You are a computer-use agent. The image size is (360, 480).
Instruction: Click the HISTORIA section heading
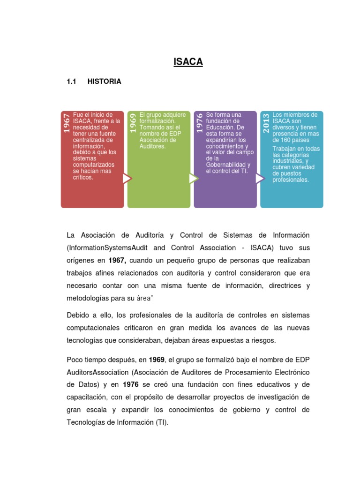[104, 82]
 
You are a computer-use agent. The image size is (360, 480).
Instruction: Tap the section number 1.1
[71, 82]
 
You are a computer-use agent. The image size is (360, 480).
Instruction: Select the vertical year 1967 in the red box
[67, 123]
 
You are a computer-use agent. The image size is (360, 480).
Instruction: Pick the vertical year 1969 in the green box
[133, 123]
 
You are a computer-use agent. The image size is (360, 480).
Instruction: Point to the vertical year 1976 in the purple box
[200, 123]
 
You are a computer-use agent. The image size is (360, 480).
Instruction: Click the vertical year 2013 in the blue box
[266, 123]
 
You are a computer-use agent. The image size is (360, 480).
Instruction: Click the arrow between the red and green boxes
[127, 179]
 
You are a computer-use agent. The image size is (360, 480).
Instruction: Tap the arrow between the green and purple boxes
[193, 179]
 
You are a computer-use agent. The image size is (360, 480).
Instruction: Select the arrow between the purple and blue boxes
[260, 179]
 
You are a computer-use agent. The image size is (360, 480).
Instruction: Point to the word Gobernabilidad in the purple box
[226, 165]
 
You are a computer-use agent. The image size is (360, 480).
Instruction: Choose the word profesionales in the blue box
[291, 180]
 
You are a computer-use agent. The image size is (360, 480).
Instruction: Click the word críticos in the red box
[83, 178]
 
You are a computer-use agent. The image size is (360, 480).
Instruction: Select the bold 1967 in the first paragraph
[117, 260]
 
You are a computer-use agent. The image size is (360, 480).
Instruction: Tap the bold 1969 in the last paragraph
[157, 360]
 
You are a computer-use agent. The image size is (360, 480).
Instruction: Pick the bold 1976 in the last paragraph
[131, 384]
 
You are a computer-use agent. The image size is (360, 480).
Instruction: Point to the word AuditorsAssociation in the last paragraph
[97, 372]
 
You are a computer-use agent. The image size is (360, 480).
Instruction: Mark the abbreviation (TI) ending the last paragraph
[160, 422]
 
